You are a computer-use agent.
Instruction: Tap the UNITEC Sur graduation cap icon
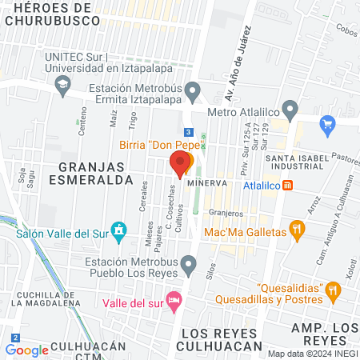[x=62, y=84]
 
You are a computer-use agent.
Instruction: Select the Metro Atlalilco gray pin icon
[x=290, y=110]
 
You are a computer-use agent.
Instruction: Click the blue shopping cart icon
[x=326, y=124]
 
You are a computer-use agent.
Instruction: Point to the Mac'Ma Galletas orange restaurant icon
[x=297, y=231]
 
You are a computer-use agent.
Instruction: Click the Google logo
[x=26, y=350]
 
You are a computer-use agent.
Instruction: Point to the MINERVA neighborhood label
[x=207, y=183]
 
